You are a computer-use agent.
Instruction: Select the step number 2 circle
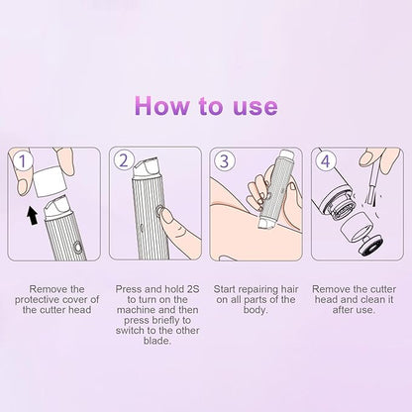(x=125, y=159)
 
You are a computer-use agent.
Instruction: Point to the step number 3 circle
(x=227, y=159)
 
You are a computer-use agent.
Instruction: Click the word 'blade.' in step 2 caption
(x=151, y=335)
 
